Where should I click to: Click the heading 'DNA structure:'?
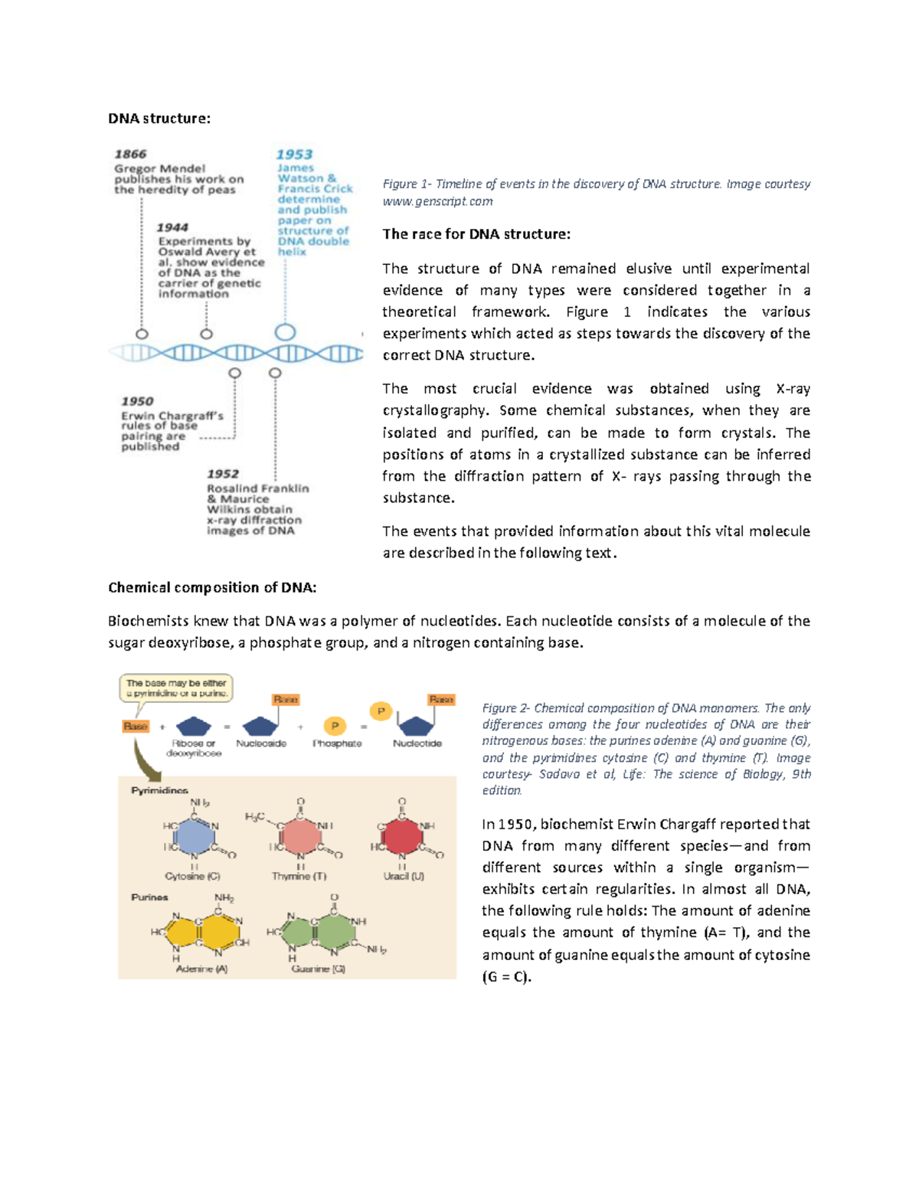(x=159, y=119)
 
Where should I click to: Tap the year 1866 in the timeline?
(x=130, y=155)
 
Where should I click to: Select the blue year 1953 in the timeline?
(x=294, y=155)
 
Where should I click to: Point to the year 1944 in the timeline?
(x=172, y=227)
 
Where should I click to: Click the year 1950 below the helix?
(x=137, y=401)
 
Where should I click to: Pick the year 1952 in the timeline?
(x=223, y=474)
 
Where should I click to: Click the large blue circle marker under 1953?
(x=285, y=332)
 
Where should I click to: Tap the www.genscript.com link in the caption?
(x=437, y=201)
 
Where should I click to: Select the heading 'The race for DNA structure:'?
(x=476, y=234)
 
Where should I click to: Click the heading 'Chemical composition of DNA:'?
(x=212, y=587)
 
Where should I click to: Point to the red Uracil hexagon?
(x=402, y=836)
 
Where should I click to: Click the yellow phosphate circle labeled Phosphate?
(x=335, y=726)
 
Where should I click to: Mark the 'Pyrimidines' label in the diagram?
(x=159, y=790)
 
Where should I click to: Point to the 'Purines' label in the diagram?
(x=149, y=897)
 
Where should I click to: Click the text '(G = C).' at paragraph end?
(x=506, y=977)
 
